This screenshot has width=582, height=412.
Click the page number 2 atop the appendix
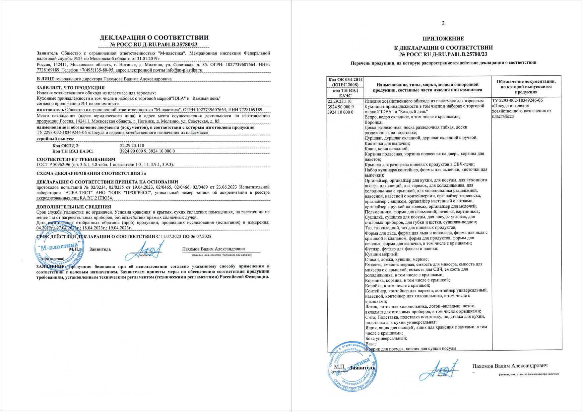[443, 23]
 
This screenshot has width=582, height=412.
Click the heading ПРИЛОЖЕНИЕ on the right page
[443, 39]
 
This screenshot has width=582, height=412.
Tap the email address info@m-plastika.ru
[185, 70]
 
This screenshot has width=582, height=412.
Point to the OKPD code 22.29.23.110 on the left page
[132, 146]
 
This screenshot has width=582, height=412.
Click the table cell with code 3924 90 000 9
[341, 107]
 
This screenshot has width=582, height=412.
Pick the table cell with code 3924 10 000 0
[341, 112]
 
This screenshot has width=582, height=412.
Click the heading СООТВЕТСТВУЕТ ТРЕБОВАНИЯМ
[76, 159]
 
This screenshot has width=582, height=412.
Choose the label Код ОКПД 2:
[66, 146]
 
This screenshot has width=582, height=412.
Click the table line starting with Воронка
[373, 122]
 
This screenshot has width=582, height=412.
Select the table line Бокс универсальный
[386, 338]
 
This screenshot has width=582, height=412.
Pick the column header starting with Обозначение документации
[526, 87]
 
